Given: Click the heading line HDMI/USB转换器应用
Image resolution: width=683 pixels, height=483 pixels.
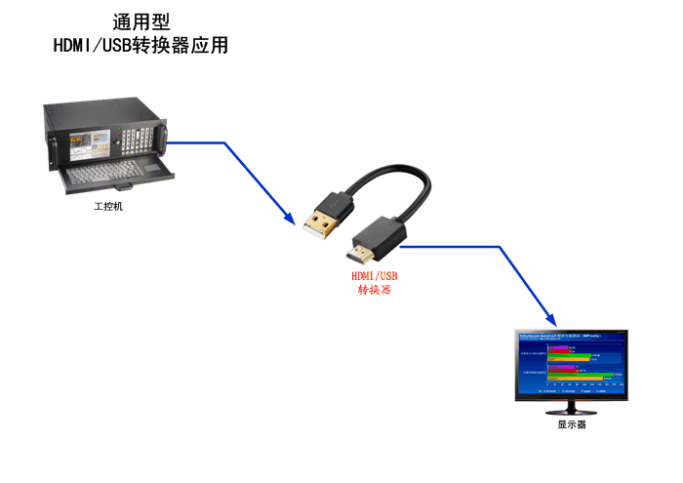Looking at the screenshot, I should coord(141,45).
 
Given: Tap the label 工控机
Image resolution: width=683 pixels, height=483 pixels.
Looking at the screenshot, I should coord(108,206).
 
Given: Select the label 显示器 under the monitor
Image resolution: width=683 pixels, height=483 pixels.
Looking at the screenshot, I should coord(572,424).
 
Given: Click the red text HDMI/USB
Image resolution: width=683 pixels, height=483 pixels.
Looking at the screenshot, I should coord(375,276).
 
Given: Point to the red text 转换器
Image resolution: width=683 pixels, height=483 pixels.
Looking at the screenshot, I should coord(375,290).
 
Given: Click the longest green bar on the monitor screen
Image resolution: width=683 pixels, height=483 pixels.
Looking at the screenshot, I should coord(586,374).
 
